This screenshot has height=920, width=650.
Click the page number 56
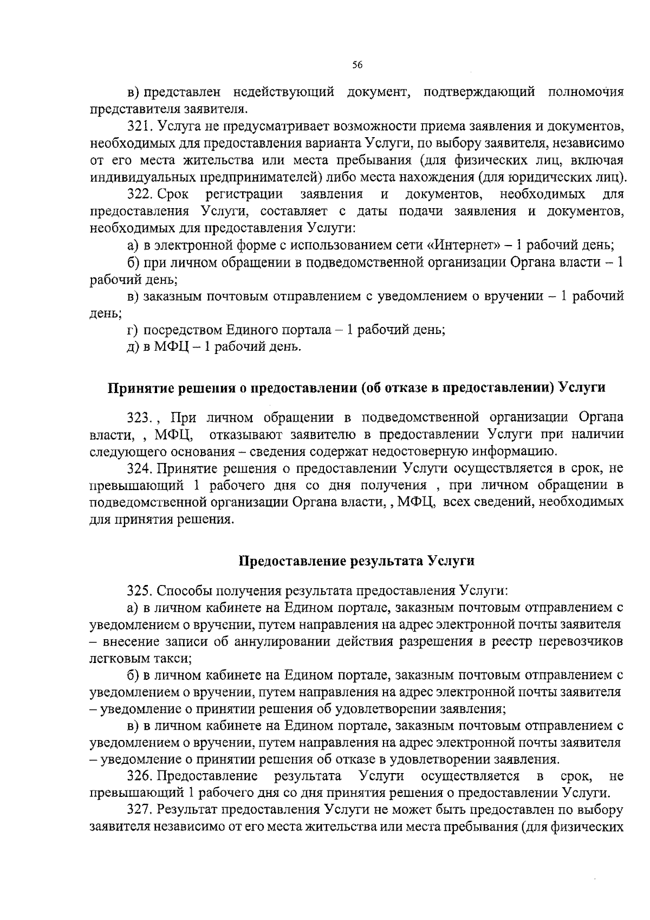(x=357, y=65)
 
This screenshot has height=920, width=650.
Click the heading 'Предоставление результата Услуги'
(x=357, y=561)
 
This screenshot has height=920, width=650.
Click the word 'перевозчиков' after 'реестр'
(x=584, y=641)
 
